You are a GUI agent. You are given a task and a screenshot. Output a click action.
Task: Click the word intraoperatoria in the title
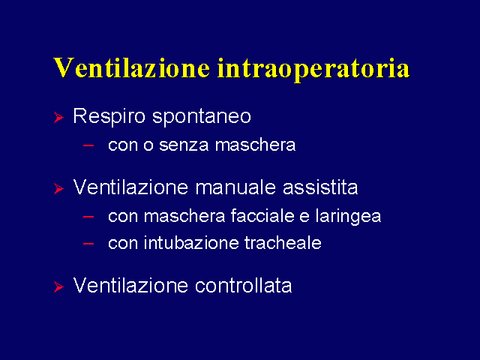[313, 69]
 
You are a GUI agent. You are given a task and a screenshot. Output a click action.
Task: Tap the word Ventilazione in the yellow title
[132, 67]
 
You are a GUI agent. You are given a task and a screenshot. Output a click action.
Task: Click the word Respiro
[109, 117]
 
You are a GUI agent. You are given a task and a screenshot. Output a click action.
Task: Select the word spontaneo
[202, 118]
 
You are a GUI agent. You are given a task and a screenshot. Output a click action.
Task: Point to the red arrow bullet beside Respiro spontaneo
[58, 117]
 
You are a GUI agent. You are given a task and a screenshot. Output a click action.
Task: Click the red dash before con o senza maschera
[88, 145]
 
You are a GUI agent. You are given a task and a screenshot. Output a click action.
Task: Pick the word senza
[184, 145]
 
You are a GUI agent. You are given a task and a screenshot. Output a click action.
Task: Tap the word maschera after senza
[255, 145]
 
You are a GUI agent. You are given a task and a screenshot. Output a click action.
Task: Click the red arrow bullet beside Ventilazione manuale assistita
[58, 188]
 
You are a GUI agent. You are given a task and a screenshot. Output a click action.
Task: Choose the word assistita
[320, 187]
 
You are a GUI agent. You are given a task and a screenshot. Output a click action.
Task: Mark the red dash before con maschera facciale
[88, 217]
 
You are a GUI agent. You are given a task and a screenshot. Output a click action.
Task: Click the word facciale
[262, 216]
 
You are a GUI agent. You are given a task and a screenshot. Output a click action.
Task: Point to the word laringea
[348, 217]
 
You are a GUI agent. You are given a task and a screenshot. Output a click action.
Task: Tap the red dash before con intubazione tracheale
[88, 244]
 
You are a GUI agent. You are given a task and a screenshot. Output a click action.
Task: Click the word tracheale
[283, 243]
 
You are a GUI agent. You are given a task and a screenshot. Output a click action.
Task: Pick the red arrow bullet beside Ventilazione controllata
[58, 286]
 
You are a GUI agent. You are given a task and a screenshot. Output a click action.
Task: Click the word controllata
[243, 286]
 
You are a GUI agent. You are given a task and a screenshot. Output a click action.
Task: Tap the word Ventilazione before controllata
[130, 286]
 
